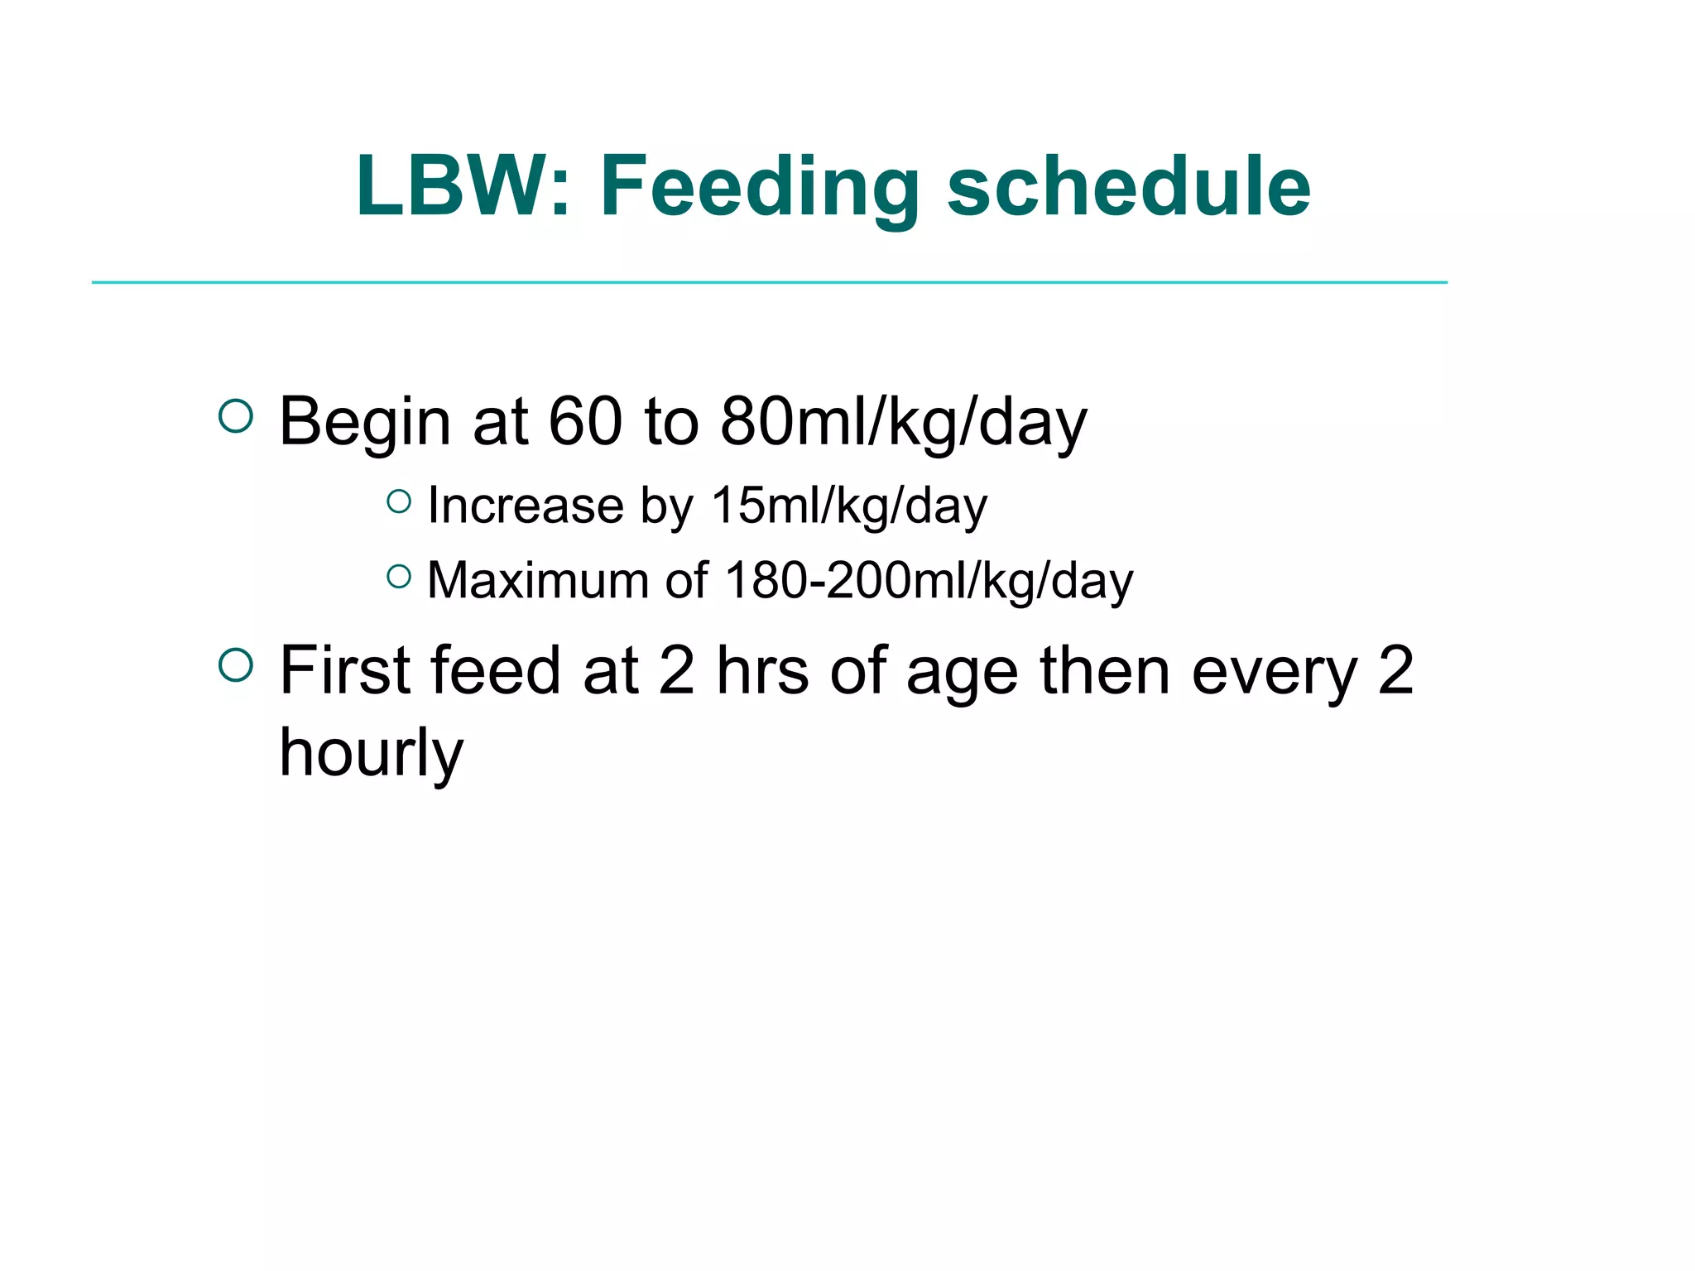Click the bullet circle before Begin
(236, 416)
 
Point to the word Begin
(365, 422)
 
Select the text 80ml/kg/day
(903, 422)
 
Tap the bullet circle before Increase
(399, 501)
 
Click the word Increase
(526, 506)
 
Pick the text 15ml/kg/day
(849, 506)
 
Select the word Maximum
(538, 580)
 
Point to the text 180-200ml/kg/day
(929, 580)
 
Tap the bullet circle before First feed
(236, 665)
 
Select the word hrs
(762, 670)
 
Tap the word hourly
(372, 753)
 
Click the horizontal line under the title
(769, 282)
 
